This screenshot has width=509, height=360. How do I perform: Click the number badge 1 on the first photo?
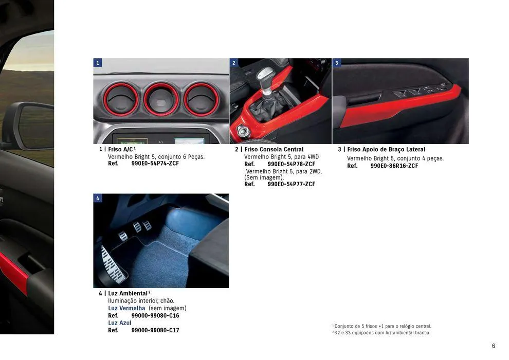(98, 63)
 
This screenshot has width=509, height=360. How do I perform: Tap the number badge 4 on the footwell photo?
(98, 198)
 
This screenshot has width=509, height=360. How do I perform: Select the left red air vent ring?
(121, 99)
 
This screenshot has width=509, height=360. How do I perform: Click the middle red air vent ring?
(161, 99)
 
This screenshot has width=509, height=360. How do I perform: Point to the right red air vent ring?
(201, 99)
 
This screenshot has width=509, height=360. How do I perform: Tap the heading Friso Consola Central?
(274, 150)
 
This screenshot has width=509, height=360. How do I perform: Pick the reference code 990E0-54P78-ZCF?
(291, 164)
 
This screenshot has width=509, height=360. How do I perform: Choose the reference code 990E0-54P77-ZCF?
(291, 184)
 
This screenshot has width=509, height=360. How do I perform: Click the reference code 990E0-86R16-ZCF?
(394, 166)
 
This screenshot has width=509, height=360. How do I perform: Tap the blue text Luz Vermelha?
(126, 308)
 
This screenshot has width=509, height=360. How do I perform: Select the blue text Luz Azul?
(119, 323)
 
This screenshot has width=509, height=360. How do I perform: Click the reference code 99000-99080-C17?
(155, 330)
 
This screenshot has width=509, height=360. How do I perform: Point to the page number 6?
(493, 346)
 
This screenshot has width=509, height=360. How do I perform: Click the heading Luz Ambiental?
(128, 293)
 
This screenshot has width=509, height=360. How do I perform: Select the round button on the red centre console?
(243, 131)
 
